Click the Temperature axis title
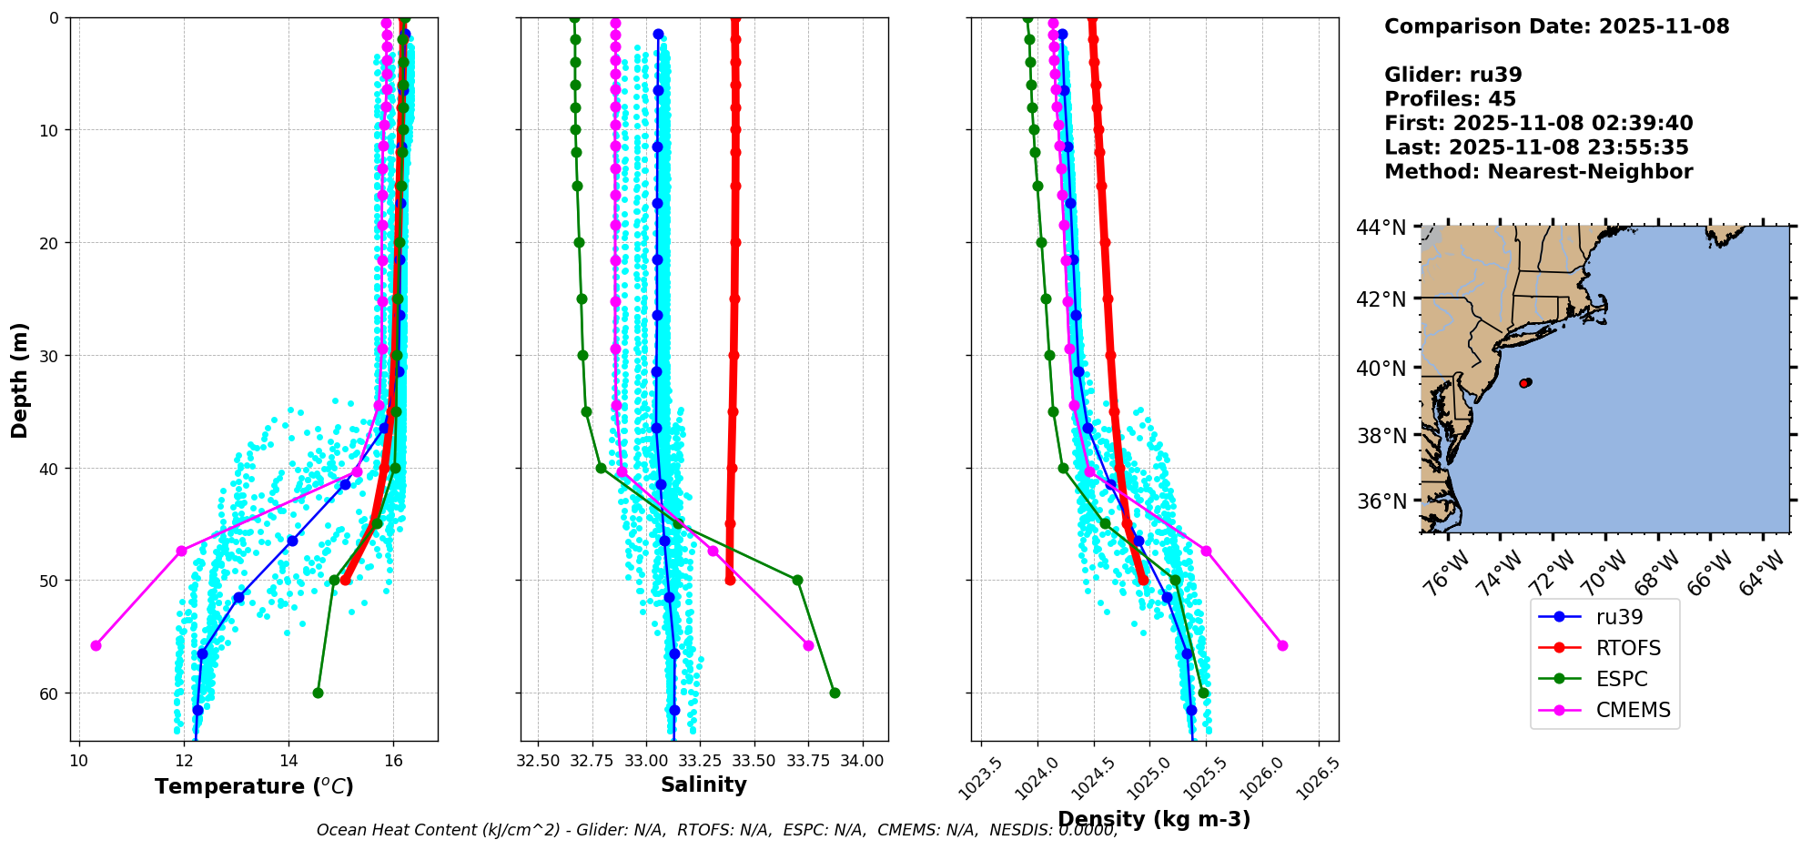tap(254, 786)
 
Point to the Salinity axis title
tap(703, 784)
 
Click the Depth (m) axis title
tap(20, 379)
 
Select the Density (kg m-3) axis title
tap(1154, 819)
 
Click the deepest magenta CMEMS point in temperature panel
tap(96, 645)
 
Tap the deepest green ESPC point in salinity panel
tap(835, 693)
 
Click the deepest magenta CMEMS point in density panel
tap(1282, 645)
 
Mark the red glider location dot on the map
tap(1524, 383)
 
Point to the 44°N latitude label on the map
tap(1381, 228)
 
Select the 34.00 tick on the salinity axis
tap(863, 760)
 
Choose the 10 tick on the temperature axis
tap(79, 760)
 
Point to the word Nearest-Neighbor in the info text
tap(1589, 172)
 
